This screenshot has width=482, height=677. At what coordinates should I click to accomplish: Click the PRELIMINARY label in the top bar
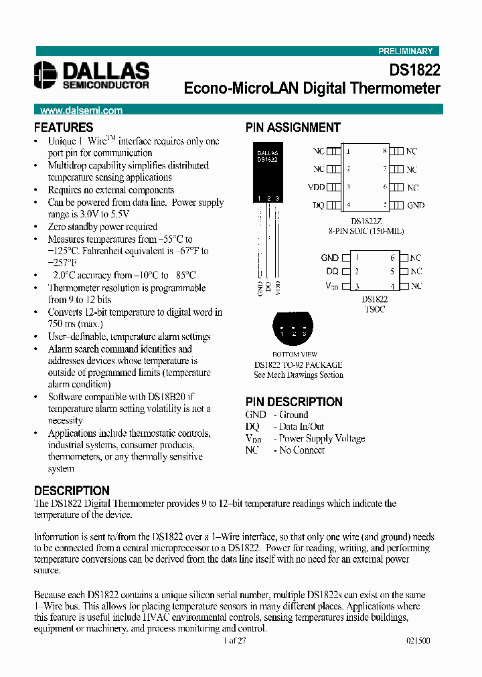pos(406,52)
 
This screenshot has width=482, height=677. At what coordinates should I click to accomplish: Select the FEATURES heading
pos(64,127)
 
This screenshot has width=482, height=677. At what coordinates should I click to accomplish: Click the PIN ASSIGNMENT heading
pos(293,127)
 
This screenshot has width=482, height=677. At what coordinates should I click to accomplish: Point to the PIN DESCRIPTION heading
pos(294,402)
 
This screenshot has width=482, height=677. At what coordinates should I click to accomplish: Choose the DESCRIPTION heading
pos(72,490)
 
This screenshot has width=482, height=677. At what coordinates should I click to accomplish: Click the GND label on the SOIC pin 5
pos(416,206)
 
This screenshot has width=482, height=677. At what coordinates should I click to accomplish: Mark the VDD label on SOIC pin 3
pos(316,188)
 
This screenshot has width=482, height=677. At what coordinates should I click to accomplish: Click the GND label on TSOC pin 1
pos(329,258)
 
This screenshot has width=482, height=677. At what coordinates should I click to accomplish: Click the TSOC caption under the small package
pos(374,310)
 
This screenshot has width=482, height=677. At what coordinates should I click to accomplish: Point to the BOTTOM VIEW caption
pos(295,355)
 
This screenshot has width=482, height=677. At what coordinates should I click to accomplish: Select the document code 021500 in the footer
pos(418,640)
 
